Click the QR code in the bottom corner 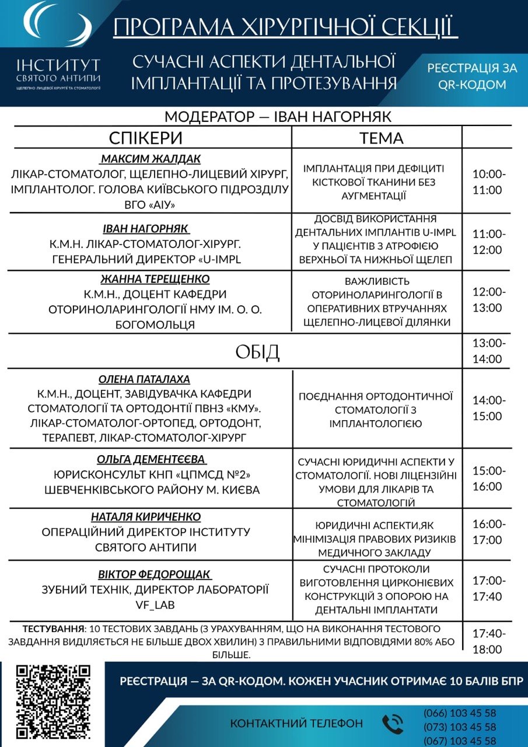click(x=54, y=702)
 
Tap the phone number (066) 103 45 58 click(x=460, y=713)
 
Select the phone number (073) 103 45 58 click(x=460, y=727)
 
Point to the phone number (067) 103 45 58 click(x=460, y=741)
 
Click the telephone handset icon click(x=393, y=724)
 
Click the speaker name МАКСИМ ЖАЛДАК click(x=151, y=159)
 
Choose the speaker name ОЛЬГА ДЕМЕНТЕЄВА click(x=152, y=459)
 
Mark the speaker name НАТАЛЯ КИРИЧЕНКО click(x=146, y=517)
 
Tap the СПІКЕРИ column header click(x=146, y=138)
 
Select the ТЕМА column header click(x=381, y=138)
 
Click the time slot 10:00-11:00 click(x=489, y=182)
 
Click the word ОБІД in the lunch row click(x=257, y=352)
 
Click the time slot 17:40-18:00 click(x=489, y=641)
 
